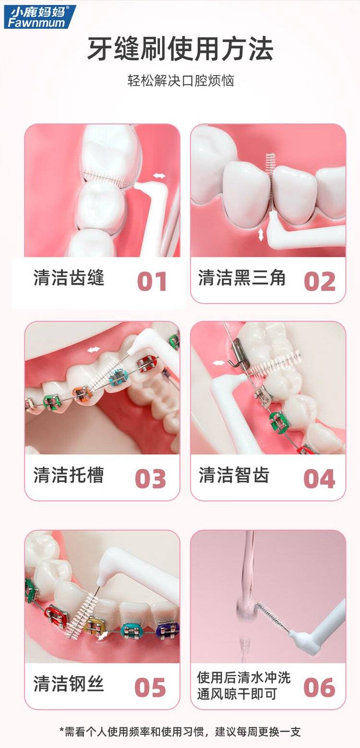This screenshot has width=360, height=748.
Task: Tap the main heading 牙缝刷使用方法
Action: pyautogui.click(x=180, y=49)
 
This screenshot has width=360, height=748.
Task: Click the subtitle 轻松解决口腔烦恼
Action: pyautogui.click(x=180, y=81)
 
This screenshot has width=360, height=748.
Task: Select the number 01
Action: pyautogui.click(x=152, y=281)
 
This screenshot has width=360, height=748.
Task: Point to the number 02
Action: pyautogui.click(x=320, y=281)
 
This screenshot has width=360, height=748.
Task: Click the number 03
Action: pyautogui.click(x=151, y=479)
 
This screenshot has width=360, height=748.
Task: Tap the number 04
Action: pyautogui.click(x=319, y=479)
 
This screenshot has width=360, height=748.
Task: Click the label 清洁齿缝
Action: pyautogui.click(x=69, y=277)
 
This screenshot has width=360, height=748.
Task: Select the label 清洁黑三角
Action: pyautogui.click(x=242, y=277)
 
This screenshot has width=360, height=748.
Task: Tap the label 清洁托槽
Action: pyautogui.click(x=69, y=475)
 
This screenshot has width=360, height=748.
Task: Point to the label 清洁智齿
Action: pyautogui.click(x=234, y=475)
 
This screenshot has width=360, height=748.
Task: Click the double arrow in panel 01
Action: pyautogui.click(x=159, y=176)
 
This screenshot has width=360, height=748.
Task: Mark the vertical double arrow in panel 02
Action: pyautogui.click(x=261, y=235)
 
